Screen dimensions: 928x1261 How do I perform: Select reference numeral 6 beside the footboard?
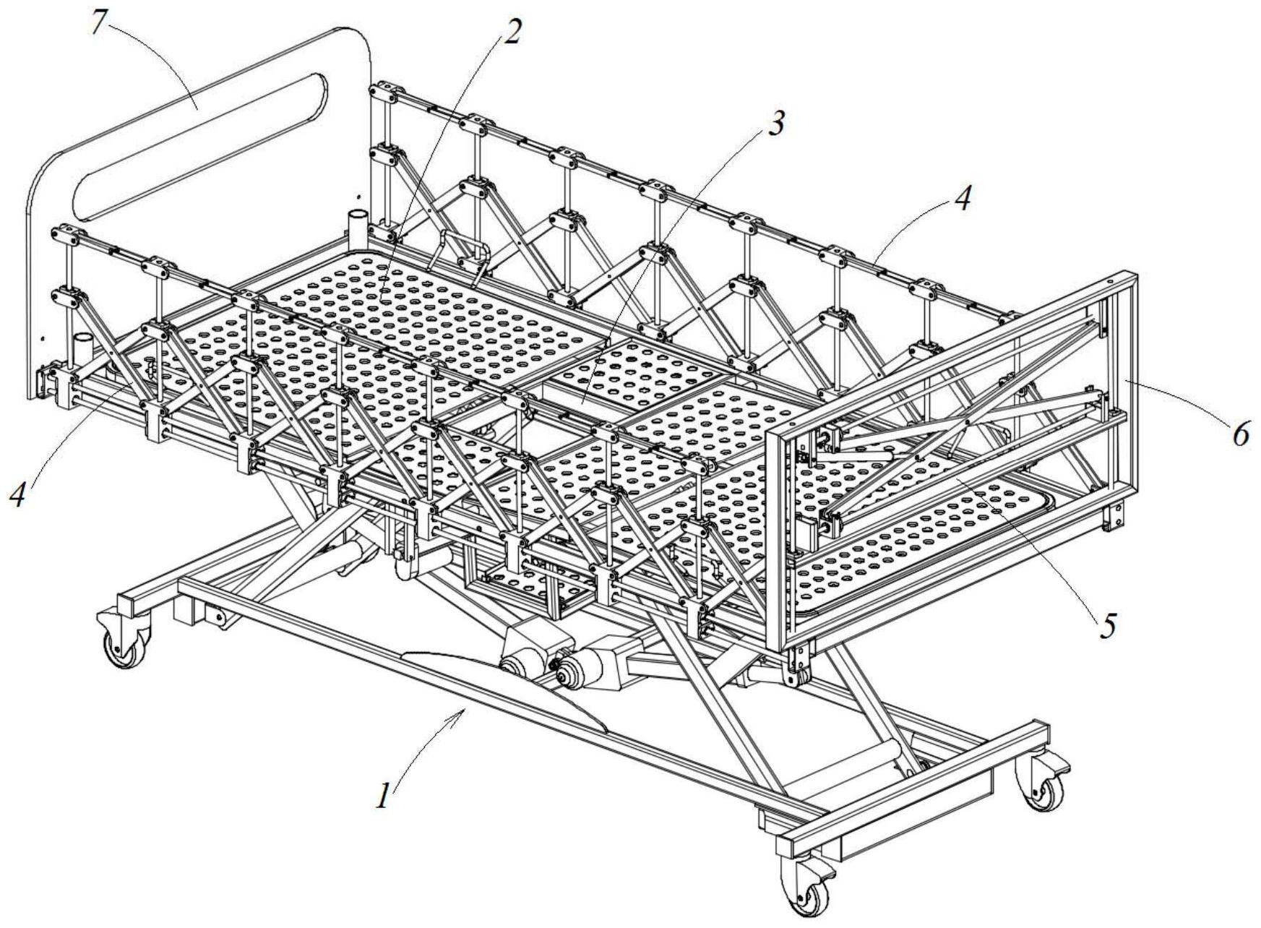1240,435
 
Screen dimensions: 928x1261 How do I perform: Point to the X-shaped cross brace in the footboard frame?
968,418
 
